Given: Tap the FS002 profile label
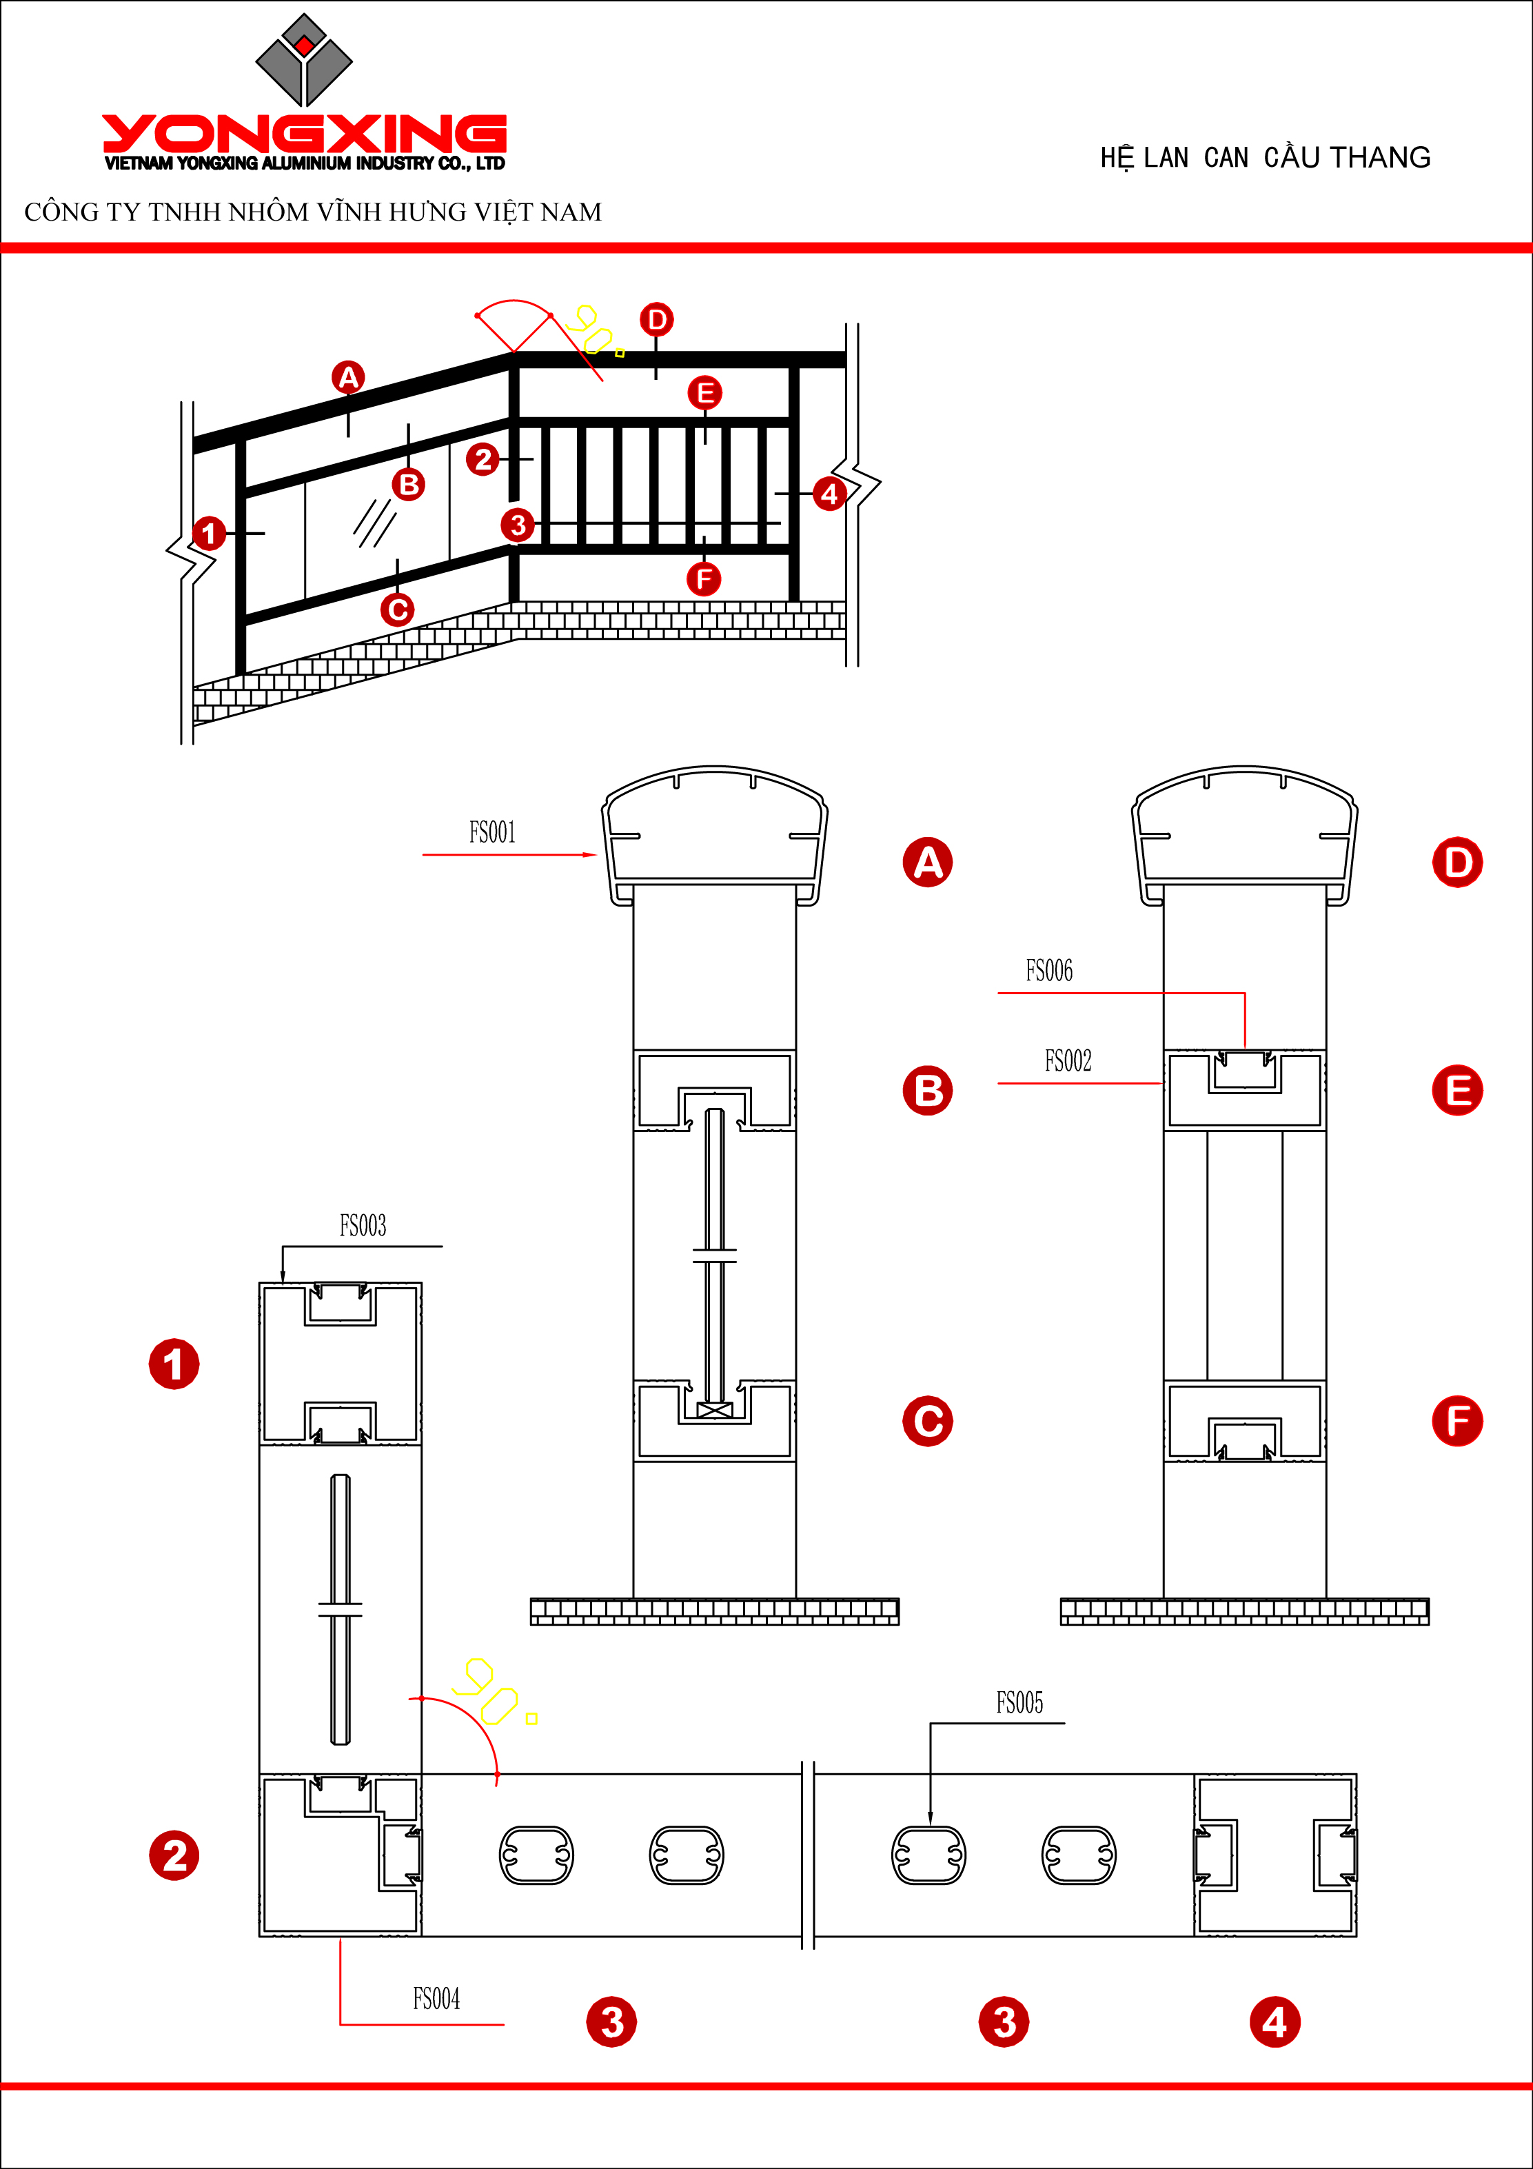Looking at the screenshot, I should [1067, 1061].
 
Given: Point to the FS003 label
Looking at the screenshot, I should [363, 1227].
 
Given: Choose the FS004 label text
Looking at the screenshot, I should [436, 1998].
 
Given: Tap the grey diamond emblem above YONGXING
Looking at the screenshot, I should [304, 59].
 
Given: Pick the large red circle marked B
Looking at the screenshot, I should [928, 1091].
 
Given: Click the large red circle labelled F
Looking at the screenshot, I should [1457, 1421].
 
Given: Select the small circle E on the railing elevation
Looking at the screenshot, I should [704, 393].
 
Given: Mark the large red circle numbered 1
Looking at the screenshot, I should [174, 1364].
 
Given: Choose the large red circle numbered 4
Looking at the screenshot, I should [1275, 2023].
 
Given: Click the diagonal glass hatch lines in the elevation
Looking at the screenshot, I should [375, 523].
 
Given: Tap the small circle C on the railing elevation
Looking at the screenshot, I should [398, 610].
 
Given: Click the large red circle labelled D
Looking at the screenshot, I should [1457, 862].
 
